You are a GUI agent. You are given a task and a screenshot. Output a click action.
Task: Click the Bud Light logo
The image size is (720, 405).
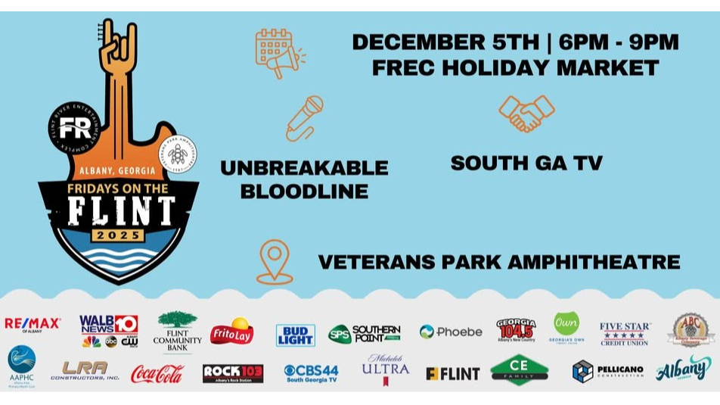point(295,335)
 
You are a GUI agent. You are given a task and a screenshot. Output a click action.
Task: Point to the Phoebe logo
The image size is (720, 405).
point(450,332)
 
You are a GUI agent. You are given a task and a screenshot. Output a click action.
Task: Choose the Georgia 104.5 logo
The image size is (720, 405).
point(516,330)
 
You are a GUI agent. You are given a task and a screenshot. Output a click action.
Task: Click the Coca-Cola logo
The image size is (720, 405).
point(157,373)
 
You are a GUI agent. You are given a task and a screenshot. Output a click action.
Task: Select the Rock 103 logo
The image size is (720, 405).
point(233,373)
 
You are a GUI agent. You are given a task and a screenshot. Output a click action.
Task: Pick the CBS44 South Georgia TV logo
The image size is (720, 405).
point(311,372)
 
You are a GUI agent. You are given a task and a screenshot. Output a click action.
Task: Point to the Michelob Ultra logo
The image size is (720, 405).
point(385,369)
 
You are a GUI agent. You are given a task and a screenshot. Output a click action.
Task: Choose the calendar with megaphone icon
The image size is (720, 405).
point(278,53)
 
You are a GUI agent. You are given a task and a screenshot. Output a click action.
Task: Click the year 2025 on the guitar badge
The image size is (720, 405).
point(120,235)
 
